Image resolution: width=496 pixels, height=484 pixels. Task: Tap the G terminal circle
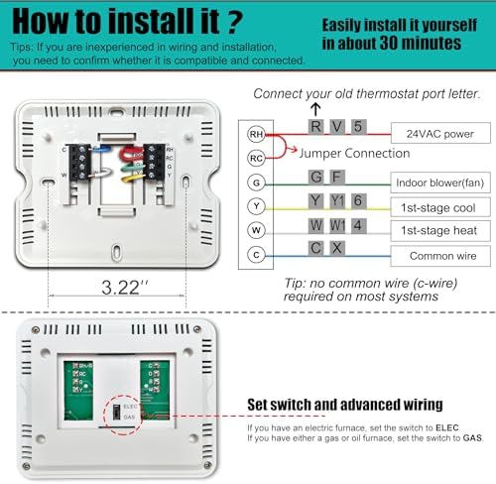256,182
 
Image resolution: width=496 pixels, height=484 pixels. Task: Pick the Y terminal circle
256,206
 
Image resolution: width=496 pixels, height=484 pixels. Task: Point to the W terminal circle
256,230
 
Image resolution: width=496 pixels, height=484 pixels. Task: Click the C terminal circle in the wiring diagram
256,254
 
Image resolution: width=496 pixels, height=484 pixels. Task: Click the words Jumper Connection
353,154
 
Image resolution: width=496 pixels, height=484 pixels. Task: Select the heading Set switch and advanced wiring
345,405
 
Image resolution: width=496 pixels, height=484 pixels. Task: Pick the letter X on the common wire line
337,248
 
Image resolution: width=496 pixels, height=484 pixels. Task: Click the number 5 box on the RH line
358,126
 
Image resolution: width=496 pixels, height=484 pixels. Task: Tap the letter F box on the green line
337,177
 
